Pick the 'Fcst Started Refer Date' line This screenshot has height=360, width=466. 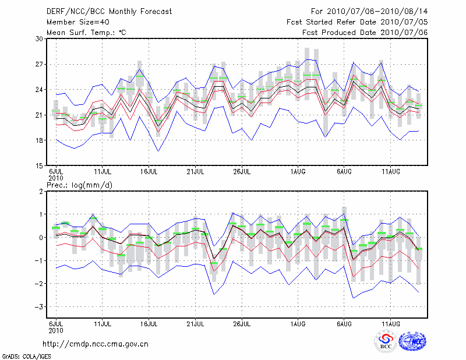pyautogui.click(x=357, y=22)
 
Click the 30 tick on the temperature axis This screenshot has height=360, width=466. pyautogui.click(x=40, y=38)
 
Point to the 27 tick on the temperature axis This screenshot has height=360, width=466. pyautogui.click(x=40, y=64)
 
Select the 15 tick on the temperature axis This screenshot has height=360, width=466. pyautogui.click(x=40, y=165)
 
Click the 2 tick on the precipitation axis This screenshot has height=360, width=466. pyautogui.click(x=42, y=191)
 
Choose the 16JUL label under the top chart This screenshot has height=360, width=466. pyautogui.click(x=149, y=172)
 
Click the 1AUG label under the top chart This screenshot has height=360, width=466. pyautogui.click(x=298, y=172)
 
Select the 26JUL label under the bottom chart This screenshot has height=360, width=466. pyautogui.click(x=242, y=323)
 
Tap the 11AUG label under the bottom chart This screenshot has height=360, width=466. pyautogui.click(x=390, y=323)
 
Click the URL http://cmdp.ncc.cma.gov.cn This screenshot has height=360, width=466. pyautogui.click(x=96, y=344)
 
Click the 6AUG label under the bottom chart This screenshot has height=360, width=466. pyautogui.click(x=344, y=323)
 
